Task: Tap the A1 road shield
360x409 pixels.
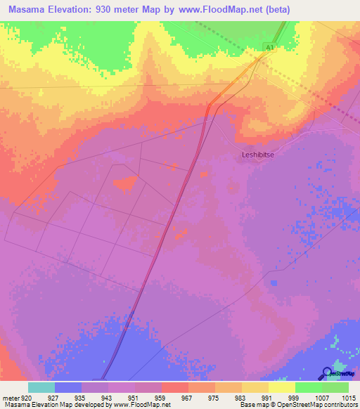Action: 269,47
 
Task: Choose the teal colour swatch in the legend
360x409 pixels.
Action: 41,387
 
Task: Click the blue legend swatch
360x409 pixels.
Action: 68,387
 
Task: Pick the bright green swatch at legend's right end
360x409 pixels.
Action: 335,387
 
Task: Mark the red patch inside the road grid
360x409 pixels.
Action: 124,184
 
